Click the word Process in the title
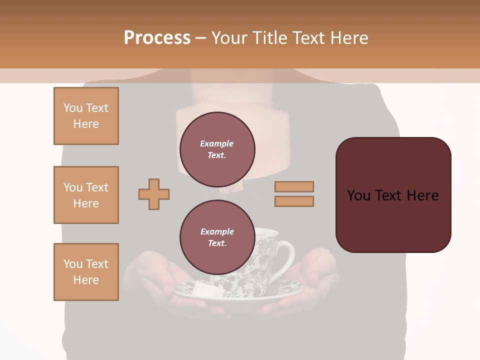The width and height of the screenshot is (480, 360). pos(157,38)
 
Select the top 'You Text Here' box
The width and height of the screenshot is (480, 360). pos(86,116)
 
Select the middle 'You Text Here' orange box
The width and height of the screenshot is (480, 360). pos(86,195)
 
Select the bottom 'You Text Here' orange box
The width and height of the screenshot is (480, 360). pos(86,272)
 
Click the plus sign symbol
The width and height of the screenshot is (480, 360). pos(154,194)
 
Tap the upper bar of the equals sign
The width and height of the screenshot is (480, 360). pos(294,186)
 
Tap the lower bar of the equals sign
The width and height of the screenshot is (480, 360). pos(294,201)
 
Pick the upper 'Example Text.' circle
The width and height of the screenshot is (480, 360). pos(217,149)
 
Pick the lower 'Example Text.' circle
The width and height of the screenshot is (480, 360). pos(217,237)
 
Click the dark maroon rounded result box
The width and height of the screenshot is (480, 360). pos(393,195)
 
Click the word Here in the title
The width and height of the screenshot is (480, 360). pos(348,38)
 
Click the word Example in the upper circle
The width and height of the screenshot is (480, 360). pos(217,143)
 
